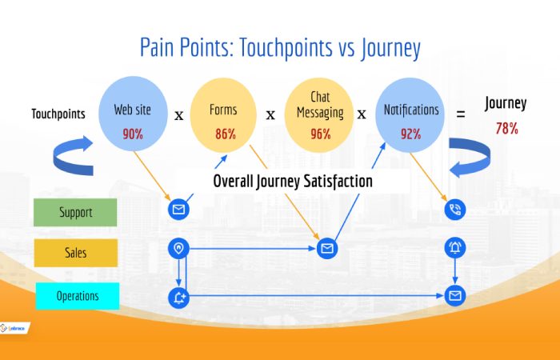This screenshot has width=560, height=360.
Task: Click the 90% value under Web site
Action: [x=133, y=134]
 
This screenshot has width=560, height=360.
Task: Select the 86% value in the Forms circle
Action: [x=225, y=134]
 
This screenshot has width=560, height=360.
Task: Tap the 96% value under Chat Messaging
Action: [x=320, y=134]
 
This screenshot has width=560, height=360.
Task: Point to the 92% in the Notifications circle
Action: [x=410, y=134]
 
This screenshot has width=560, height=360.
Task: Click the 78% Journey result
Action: [x=506, y=127]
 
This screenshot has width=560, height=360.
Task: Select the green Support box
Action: [x=75, y=213]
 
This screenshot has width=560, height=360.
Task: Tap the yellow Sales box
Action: [x=75, y=253]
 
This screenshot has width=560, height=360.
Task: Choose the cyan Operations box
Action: [x=77, y=296]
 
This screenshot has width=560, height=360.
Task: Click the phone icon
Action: [x=455, y=210]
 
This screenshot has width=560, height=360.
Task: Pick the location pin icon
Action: [x=178, y=249]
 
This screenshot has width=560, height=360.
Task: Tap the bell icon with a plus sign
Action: [x=178, y=298]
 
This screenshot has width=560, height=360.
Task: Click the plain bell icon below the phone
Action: [x=455, y=249]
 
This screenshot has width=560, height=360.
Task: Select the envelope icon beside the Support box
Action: [x=178, y=210]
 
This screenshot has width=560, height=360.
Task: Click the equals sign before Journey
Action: [x=460, y=114]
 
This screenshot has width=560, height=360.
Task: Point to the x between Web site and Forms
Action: [x=178, y=114]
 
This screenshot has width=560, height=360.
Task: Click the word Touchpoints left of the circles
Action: [x=58, y=114]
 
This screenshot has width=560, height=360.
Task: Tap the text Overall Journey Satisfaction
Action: [x=292, y=182]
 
